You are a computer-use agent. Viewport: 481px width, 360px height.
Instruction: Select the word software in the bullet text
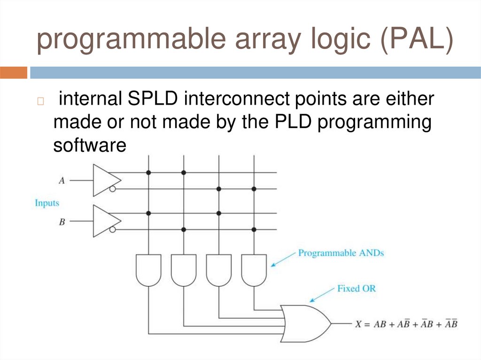[90, 146]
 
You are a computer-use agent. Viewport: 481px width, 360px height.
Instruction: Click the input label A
[62, 180]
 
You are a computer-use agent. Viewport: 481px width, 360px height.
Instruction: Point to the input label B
[62, 222]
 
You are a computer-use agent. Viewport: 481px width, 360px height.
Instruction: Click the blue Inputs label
[47, 203]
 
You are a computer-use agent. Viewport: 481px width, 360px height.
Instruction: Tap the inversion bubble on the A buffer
[113, 189]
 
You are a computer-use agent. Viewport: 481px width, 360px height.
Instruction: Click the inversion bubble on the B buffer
[113, 230]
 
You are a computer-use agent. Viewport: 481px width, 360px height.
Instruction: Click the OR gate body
[303, 323]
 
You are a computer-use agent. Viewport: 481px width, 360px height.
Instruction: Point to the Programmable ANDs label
[341, 253]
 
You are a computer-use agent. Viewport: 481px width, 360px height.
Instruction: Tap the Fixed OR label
[356, 288]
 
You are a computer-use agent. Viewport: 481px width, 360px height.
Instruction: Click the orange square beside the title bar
[14, 73]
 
